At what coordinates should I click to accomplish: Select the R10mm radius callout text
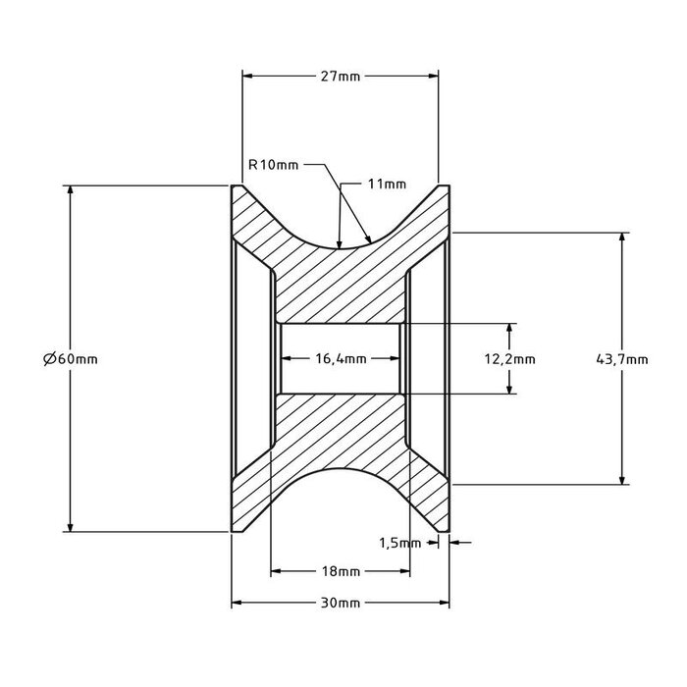click(273, 165)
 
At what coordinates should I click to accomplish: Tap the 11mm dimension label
click(387, 184)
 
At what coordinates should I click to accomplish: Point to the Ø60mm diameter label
click(71, 359)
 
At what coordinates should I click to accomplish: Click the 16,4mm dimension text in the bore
click(341, 359)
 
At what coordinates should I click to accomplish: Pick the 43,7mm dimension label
click(622, 359)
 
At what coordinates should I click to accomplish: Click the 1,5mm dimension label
click(399, 542)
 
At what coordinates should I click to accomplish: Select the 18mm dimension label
click(341, 571)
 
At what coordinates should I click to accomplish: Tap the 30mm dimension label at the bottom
click(341, 604)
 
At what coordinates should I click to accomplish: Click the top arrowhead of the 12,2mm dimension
click(510, 328)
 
